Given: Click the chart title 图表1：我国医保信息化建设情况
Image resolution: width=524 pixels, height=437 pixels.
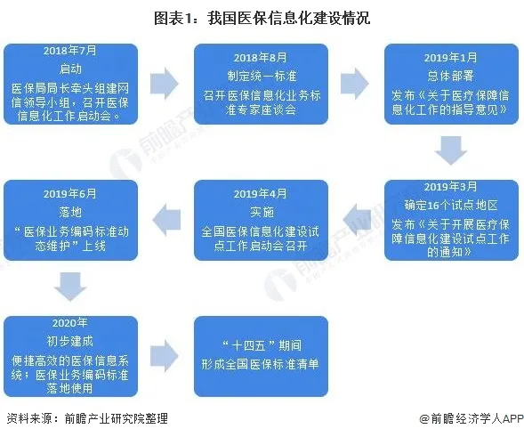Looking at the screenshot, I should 262,17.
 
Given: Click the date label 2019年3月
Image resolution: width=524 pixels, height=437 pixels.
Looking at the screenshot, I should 451,187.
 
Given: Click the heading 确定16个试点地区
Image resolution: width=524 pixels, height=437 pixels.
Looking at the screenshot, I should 451,204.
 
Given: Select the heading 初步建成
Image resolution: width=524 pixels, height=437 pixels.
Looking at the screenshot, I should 69,340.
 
